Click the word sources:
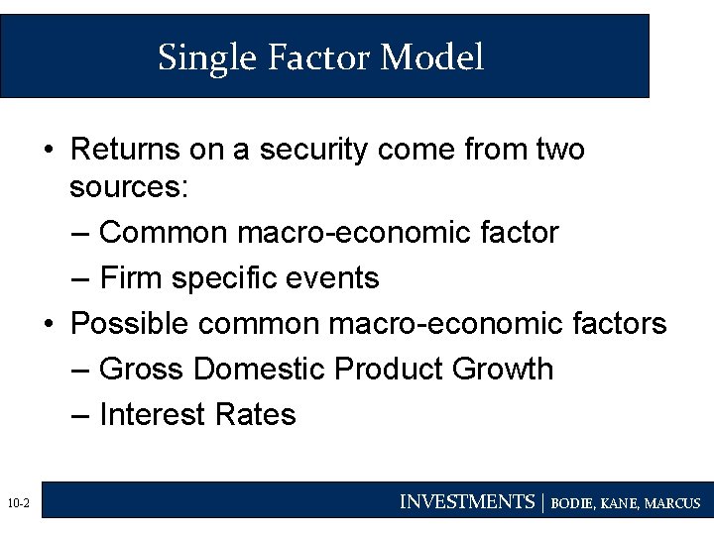click(128, 187)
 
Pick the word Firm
click(132, 277)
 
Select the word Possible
click(132, 323)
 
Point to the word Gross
click(143, 369)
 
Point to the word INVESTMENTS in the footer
click(466, 502)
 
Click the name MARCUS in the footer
click(671, 503)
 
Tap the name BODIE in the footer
click(574, 503)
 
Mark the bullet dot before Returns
click(49, 151)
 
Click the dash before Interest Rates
click(83, 413)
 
